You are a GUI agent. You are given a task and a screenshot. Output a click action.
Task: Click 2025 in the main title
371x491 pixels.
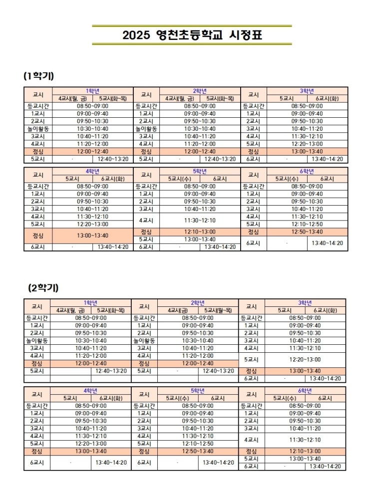coord(136,35)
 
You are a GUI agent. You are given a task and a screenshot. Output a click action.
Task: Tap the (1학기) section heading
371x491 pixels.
coord(38,76)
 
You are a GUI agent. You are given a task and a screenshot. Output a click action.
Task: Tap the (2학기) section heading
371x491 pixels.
coord(43,288)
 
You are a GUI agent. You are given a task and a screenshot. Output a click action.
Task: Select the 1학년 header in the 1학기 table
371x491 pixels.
coord(92,91)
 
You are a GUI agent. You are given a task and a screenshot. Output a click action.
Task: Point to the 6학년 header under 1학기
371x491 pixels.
coord(307,171)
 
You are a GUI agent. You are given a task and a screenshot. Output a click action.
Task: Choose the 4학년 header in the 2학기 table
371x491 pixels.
coord(91,390)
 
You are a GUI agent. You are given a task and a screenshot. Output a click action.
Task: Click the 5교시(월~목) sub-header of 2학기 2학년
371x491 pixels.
coord(218,310)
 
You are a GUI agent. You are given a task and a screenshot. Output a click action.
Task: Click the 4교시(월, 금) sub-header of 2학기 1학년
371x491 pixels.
coord(70,310)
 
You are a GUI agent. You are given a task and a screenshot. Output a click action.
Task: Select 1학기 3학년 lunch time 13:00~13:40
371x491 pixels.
coord(307,152)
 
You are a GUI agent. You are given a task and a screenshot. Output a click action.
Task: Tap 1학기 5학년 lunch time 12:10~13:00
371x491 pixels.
coord(199,232)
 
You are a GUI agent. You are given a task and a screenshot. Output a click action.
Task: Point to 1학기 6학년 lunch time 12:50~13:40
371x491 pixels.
coord(307,232)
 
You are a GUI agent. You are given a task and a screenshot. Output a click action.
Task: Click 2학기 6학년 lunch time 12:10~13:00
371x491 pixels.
coord(305,451)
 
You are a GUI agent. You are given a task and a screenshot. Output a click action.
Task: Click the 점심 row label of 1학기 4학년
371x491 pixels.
coord(37,236)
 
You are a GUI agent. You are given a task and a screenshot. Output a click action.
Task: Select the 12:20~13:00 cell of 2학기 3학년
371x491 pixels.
coord(305,359)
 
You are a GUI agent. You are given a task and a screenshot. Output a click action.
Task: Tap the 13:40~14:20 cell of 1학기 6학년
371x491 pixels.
coord(328,243)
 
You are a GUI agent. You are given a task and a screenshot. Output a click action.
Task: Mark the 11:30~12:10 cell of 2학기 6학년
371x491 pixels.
coord(305,440)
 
